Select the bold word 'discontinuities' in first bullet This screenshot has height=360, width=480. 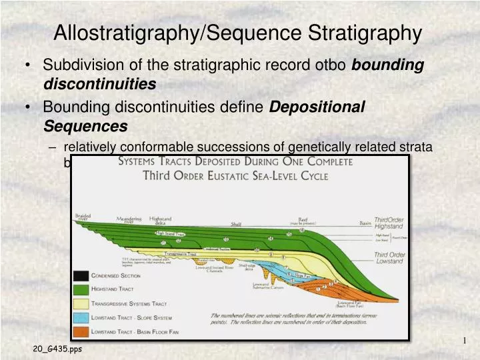click(99, 84)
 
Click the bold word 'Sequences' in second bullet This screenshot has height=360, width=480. click(85, 125)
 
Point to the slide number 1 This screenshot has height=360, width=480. click(464, 341)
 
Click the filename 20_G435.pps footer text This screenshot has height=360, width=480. click(57, 349)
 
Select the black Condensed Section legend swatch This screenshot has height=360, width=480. click(81, 275)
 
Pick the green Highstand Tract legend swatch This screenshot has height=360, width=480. click(81, 289)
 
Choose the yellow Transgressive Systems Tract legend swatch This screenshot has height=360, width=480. click(81, 303)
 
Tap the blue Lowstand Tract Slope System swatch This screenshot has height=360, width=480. click(81, 317)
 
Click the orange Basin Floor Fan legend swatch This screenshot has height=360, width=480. click(81, 331)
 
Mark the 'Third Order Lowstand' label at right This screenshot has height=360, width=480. click(389, 259)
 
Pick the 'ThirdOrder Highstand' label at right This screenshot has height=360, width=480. click(389, 223)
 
